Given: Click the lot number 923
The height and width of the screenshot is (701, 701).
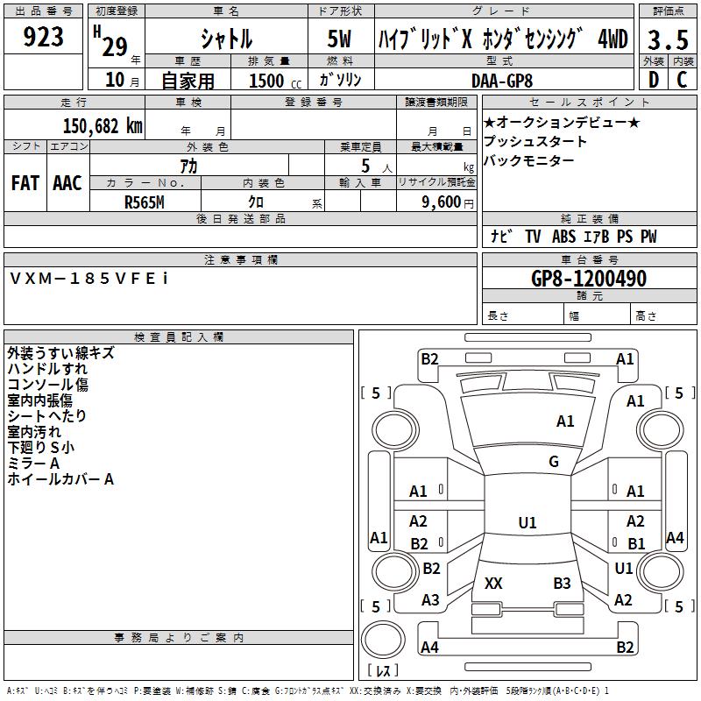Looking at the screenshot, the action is (x=43, y=37).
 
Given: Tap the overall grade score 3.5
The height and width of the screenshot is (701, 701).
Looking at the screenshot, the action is (x=668, y=40).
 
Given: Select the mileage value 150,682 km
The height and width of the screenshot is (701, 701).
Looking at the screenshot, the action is (x=103, y=126).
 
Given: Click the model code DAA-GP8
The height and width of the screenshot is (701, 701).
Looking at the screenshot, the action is (x=502, y=81).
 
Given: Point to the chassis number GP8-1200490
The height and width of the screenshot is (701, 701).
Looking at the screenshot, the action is (x=589, y=279).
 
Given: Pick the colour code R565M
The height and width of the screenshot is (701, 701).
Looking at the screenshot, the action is (x=145, y=202).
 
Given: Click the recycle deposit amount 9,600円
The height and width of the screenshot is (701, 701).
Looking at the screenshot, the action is (x=448, y=202).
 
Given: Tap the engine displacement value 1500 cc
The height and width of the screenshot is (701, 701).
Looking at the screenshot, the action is (x=275, y=81).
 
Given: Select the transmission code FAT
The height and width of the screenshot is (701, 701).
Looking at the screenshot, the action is (x=25, y=183).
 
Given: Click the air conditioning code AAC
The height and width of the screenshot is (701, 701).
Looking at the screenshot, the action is (x=67, y=183).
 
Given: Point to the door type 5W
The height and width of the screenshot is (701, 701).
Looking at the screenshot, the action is (x=339, y=39).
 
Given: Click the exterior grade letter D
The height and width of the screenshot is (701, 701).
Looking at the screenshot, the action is (x=654, y=80).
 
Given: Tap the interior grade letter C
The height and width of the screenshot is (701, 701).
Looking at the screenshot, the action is (x=682, y=80).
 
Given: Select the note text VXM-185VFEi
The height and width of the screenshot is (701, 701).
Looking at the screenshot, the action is (x=89, y=279).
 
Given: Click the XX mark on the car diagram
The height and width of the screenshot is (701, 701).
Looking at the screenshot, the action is (x=493, y=583).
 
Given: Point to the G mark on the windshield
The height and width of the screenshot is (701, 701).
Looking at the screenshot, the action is (x=554, y=462).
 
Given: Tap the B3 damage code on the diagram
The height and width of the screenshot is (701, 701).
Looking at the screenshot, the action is (x=562, y=583).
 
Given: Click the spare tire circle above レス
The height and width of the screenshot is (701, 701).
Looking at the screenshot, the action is (x=383, y=639).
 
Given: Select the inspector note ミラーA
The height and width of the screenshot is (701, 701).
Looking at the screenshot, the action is (x=33, y=464).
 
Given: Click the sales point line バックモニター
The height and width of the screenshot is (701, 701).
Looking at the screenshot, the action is (x=529, y=160).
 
